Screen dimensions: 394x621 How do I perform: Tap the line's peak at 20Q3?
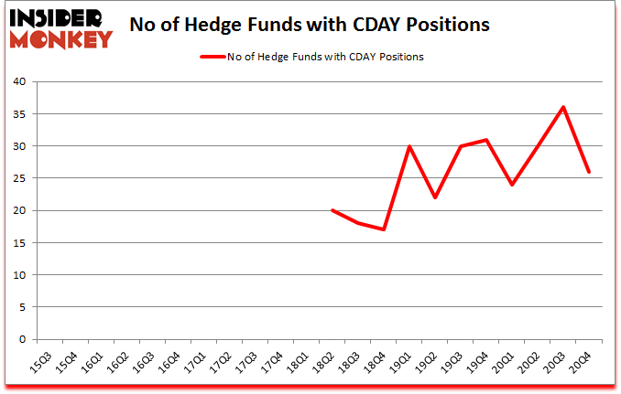[x=563, y=107]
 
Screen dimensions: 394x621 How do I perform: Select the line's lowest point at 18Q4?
[x=384, y=229]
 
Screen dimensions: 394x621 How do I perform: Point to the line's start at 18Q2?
[x=332, y=210]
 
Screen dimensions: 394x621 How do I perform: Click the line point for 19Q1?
[x=409, y=146]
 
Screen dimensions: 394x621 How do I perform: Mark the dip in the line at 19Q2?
[x=435, y=197]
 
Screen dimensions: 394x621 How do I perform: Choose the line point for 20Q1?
[x=512, y=185]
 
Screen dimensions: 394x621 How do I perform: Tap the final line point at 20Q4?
[x=589, y=172]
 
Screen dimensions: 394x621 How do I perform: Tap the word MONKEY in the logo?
[x=62, y=38]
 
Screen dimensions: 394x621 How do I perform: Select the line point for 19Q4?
[x=486, y=140]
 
